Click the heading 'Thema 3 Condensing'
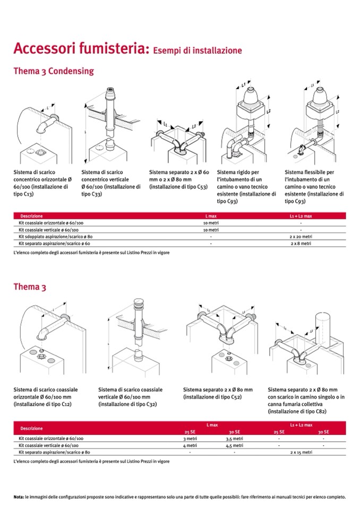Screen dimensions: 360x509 [x=54, y=71]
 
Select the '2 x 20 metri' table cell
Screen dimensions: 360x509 [x=301, y=237]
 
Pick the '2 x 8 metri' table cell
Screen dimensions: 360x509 [x=301, y=244]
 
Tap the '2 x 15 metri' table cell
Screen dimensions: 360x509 [x=301, y=452]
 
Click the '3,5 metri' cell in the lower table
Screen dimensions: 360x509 [x=234, y=438]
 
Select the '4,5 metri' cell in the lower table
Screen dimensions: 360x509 [x=234, y=445]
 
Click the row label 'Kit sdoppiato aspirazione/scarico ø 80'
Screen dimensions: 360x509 [x=56, y=237]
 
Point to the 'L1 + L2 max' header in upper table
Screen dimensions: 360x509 [x=301, y=216]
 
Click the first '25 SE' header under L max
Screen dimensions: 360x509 [x=190, y=432]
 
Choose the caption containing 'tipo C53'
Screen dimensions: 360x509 [x=179, y=179]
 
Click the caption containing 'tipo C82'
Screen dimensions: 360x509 [x=306, y=401]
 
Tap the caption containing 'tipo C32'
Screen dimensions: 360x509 [x=131, y=396]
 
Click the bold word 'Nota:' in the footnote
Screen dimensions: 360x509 [x=19, y=497]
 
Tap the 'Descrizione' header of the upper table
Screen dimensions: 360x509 [x=31, y=216]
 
